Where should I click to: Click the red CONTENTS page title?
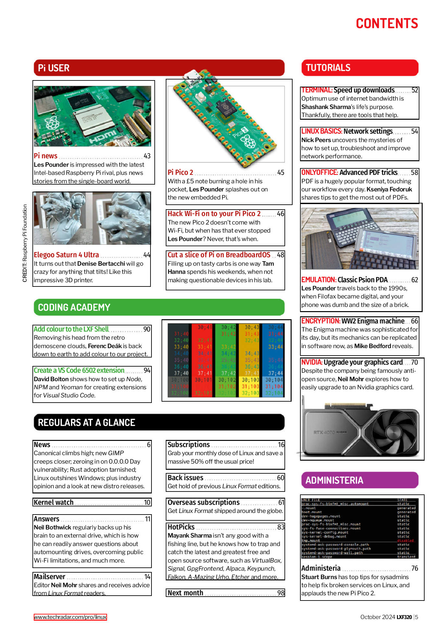tap(387, 24)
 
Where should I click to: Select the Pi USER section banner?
tap(159, 68)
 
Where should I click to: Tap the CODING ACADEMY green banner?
tap(159, 307)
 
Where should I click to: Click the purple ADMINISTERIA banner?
tap(359, 480)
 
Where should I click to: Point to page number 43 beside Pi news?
tap(147, 156)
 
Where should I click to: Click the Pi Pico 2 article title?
tap(180, 173)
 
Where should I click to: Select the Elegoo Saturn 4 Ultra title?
tap(66, 255)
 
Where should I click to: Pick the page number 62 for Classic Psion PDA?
tap(415, 280)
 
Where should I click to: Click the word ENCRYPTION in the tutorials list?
tap(320, 321)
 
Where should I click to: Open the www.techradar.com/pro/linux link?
tap(70, 617)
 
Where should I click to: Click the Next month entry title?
tap(185, 593)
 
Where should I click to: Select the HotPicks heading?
tap(181, 527)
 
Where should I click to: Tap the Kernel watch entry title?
tap(54, 503)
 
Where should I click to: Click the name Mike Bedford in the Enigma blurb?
tap(372, 346)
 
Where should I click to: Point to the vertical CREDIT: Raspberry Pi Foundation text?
tap(25, 243)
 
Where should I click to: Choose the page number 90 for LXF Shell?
tap(147, 329)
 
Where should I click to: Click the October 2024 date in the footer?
tap(377, 617)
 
